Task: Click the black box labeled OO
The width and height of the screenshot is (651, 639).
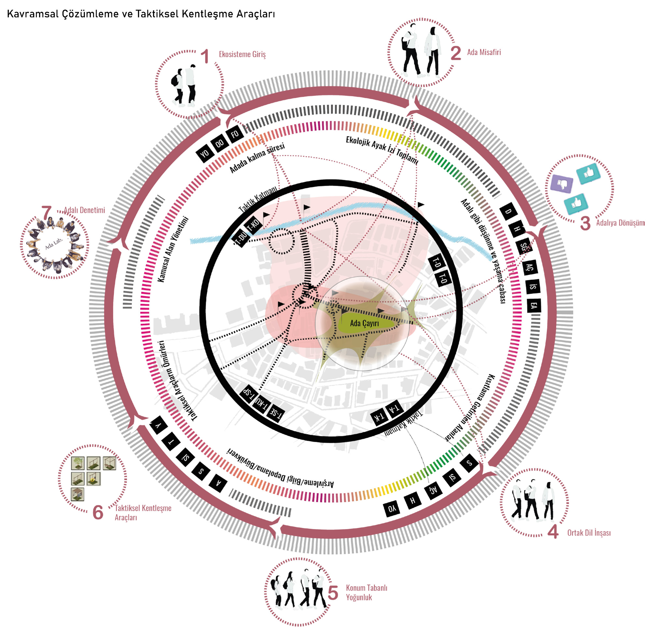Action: coord(220,143)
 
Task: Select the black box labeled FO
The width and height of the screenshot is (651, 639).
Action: coord(235,134)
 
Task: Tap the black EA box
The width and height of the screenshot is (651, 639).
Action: coord(533,306)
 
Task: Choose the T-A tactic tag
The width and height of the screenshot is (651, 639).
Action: coord(394,409)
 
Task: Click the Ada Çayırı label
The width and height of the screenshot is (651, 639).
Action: coord(364,323)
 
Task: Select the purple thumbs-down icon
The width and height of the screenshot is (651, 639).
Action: coord(562,184)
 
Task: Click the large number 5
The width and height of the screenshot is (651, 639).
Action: coord(333,593)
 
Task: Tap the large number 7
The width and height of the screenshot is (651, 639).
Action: coord(46,212)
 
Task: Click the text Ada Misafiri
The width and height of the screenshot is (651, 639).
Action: coord(484,52)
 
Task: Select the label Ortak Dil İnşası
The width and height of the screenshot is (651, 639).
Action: coord(589,533)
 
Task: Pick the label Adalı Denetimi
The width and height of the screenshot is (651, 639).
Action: coord(84,210)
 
